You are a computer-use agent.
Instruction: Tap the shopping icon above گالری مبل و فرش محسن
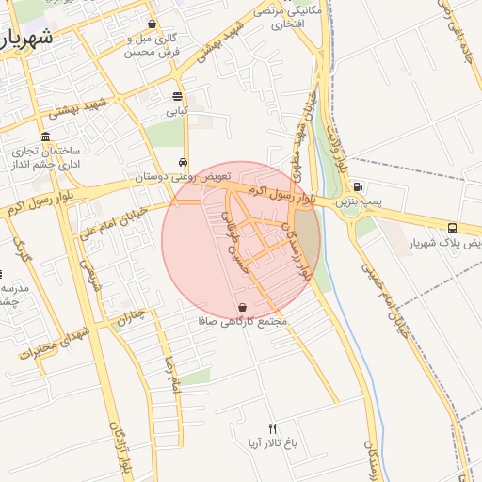[x=153, y=24]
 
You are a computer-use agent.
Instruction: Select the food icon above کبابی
[x=178, y=96]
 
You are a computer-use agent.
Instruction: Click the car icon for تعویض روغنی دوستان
[x=182, y=161]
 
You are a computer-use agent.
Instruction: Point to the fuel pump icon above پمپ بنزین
[x=357, y=186]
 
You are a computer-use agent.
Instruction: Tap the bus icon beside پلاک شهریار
[x=453, y=228]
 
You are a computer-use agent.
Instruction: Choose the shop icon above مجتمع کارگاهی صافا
[x=243, y=307]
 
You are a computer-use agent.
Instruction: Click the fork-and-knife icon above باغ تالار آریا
[x=273, y=428]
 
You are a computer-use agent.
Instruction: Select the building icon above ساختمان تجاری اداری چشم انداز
[x=45, y=137]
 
